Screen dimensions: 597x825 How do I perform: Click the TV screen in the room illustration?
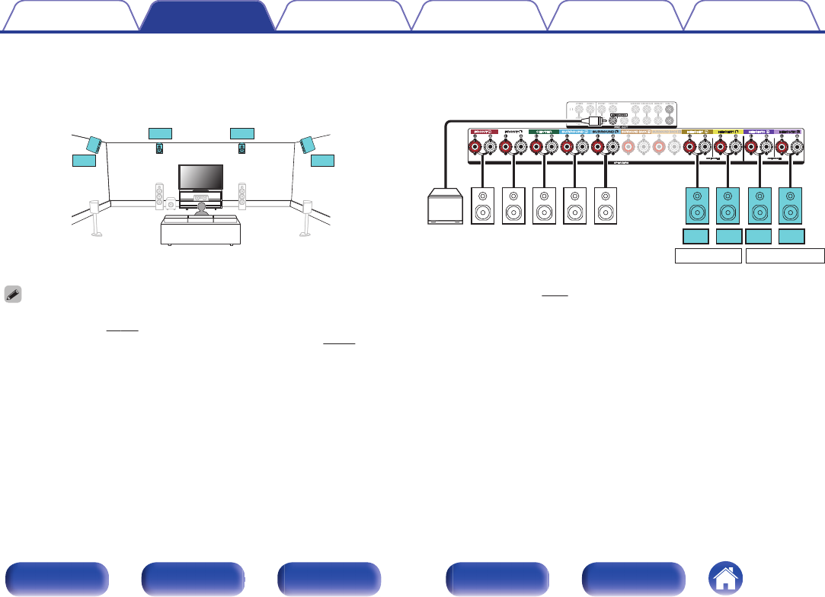coord(200,177)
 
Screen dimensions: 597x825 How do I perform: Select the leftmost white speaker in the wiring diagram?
coord(484,206)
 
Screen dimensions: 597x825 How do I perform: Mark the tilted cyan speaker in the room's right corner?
coord(307,144)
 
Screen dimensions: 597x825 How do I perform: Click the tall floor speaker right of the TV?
coord(242,196)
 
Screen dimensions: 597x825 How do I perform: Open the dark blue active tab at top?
coord(206,15)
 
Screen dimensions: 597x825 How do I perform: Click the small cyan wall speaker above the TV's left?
coord(160,148)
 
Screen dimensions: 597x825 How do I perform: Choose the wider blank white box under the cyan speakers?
coord(785,255)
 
